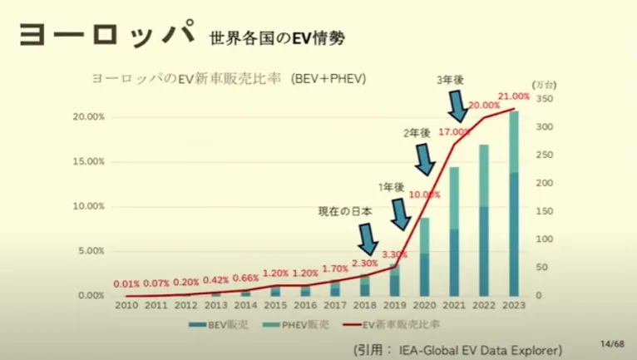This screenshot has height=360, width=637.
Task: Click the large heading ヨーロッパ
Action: click(x=104, y=35)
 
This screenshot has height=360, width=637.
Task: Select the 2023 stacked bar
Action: click(x=514, y=204)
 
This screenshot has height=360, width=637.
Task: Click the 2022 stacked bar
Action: click(x=484, y=220)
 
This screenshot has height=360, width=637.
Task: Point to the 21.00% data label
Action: click(x=513, y=98)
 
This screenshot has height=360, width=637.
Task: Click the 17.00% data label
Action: click(x=455, y=131)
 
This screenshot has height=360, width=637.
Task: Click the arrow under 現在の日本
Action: click(x=366, y=242)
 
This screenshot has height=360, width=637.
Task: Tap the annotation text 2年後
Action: click(x=416, y=133)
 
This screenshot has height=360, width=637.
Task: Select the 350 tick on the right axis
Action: click(x=541, y=99)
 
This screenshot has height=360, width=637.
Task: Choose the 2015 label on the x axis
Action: click(x=277, y=306)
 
